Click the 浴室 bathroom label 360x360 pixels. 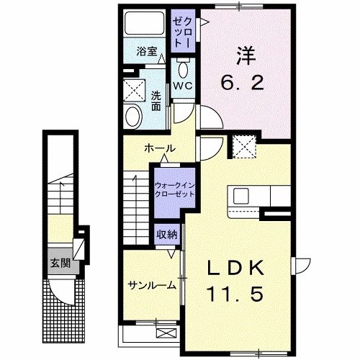[146, 51]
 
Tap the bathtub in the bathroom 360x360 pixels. [144, 27]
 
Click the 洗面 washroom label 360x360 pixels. [156, 101]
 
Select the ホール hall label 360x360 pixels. [159, 147]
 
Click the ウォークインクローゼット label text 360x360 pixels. [174, 189]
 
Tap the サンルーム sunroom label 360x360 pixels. [152, 284]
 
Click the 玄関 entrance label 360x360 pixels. [57, 262]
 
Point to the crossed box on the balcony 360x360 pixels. [166, 332]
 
